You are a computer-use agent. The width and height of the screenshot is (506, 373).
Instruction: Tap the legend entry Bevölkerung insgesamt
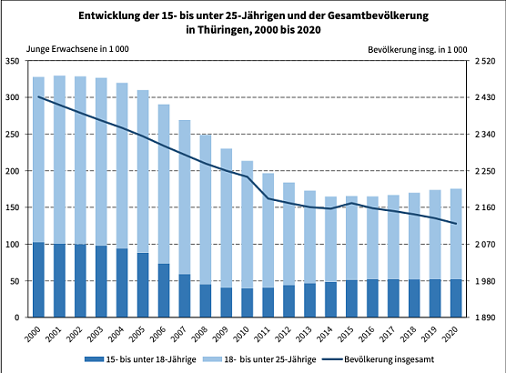click(387, 361)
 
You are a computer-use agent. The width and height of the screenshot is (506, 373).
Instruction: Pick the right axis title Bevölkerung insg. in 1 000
click(418, 47)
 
